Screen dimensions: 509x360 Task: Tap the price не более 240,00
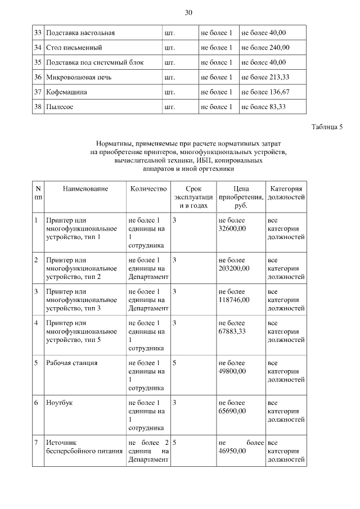(265, 48)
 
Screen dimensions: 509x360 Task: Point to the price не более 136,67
(265, 92)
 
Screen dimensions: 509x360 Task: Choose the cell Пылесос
(60, 106)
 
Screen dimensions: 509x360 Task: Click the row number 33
(38, 33)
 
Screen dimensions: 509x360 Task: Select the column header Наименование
(85, 190)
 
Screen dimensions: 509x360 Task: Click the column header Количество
(148, 190)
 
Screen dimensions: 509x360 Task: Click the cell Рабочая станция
(72, 363)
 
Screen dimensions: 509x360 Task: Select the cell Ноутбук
(60, 403)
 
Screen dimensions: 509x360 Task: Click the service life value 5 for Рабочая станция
(175, 363)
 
